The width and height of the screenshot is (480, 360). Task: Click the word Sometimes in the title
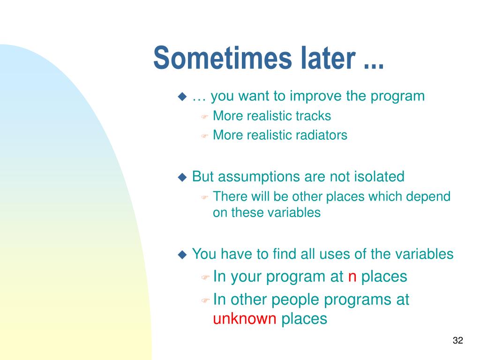coord(223,58)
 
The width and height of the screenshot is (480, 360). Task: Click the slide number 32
coord(458,340)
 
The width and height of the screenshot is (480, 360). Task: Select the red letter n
coord(352,277)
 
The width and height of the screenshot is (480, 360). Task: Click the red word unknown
coord(245,319)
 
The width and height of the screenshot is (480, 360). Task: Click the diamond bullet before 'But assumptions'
coord(182,177)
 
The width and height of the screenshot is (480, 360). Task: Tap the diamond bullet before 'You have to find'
coord(182,255)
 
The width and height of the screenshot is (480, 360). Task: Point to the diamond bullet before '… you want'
coord(182,97)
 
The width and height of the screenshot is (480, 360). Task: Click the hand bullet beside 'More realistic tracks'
coord(205,117)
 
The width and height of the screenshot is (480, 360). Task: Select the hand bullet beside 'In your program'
coord(205,277)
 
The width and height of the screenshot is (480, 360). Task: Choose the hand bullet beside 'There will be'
coord(205,197)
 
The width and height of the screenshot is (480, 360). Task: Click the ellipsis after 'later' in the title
coord(374,66)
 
